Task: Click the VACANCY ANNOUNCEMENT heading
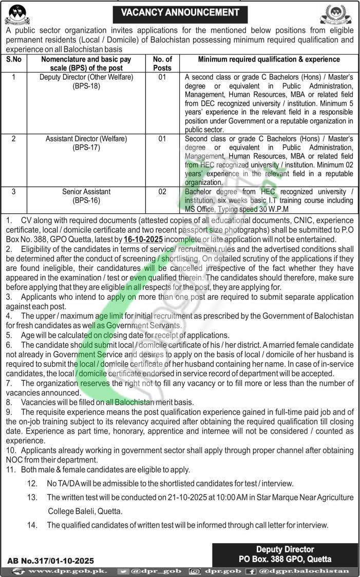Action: click(180, 12)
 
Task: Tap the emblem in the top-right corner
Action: click(336, 14)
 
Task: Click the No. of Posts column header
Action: click(163, 63)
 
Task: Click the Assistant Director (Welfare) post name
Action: click(86, 139)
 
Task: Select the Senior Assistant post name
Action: click(86, 192)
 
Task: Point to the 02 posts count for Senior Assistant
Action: click(163, 192)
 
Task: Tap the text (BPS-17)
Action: click(86, 147)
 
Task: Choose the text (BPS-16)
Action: click(86, 200)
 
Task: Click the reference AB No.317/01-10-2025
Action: click(51, 561)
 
